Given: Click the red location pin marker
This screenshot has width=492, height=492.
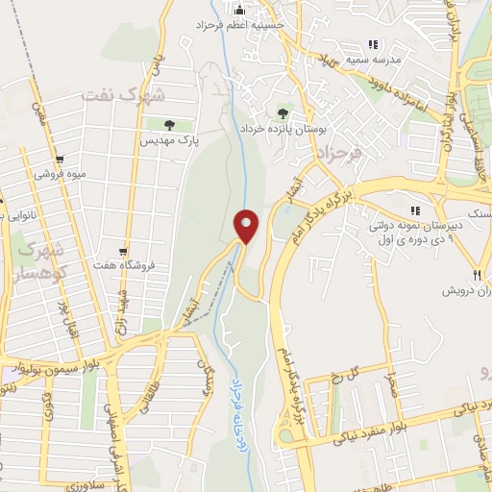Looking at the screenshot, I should (248, 227).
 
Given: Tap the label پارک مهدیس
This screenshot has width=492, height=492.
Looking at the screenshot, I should (169, 141).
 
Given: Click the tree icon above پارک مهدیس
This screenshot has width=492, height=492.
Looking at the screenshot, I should (169, 125).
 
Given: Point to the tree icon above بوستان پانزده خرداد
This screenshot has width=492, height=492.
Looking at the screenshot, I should (283, 111).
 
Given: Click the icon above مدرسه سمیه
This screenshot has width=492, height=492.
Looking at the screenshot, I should (373, 44).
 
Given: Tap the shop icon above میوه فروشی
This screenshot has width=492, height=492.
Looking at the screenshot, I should (60, 160).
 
